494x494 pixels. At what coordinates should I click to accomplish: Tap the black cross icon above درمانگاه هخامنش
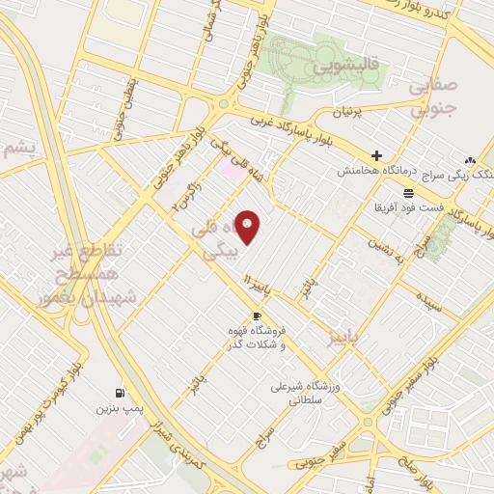(x=376, y=155)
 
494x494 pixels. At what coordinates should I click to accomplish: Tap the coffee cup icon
(x=257, y=316)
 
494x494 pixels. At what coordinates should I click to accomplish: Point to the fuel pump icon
(x=120, y=393)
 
